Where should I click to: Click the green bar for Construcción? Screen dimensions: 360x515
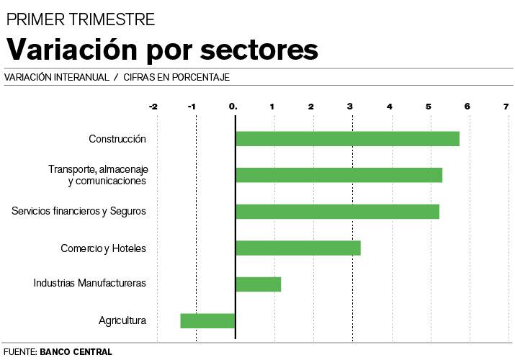click(347, 139)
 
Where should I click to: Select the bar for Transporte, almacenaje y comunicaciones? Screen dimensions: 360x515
click(339, 175)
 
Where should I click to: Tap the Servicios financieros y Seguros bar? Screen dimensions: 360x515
click(337, 212)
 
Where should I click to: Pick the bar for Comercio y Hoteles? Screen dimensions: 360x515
click(297, 248)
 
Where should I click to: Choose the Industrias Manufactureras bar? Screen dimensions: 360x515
click(258, 284)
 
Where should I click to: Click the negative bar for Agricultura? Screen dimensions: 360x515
click(207, 320)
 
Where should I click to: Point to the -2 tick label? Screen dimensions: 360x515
click(153, 107)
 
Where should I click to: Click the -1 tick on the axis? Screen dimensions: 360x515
click(192, 107)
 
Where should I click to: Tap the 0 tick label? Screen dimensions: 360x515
click(233, 107)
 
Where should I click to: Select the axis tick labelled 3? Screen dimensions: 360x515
click(350, 107)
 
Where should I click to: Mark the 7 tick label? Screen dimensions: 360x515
click(506, 107)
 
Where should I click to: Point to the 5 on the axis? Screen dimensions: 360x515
click(429, 107)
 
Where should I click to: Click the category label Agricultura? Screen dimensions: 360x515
click(122, 320)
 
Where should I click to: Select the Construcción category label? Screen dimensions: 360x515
click(117, 139)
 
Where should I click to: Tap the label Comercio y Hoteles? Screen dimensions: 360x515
click(103, 248)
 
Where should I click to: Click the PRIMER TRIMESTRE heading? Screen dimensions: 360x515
click(80, 19)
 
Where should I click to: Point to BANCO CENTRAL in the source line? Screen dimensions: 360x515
click(76, 352)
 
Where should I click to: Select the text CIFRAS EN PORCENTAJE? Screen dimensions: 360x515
click(176, 77)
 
